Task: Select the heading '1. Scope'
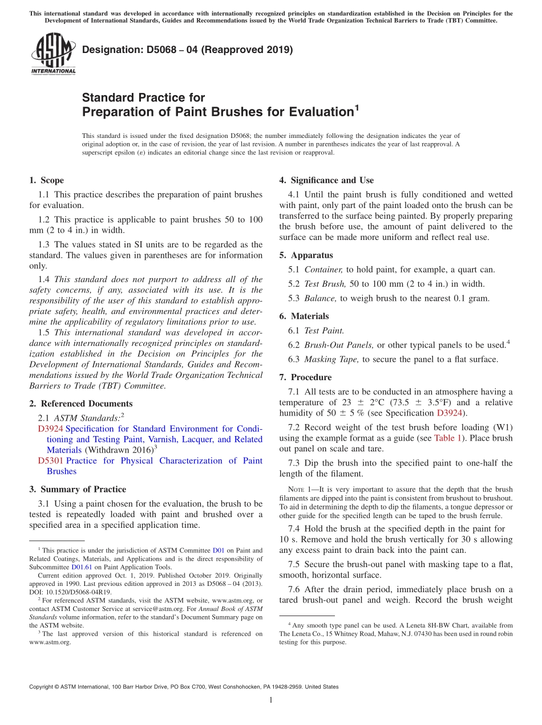click(x=46, y=180)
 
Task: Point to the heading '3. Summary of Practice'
click(x=78, y=489)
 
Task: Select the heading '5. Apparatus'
click(x=306, y=255)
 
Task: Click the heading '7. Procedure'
click(x=305, y=377)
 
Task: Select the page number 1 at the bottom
click(x=270, y=700)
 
